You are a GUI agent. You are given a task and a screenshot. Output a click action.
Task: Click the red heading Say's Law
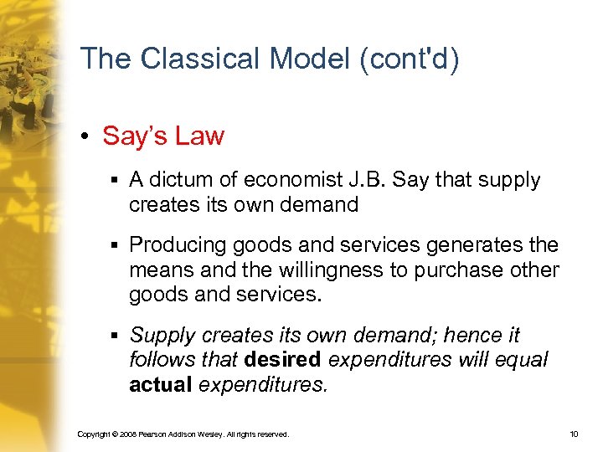click(163, 136)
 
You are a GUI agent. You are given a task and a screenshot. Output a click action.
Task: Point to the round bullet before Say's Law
click(88, 136)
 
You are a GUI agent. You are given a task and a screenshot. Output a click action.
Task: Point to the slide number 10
click(573, 434)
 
